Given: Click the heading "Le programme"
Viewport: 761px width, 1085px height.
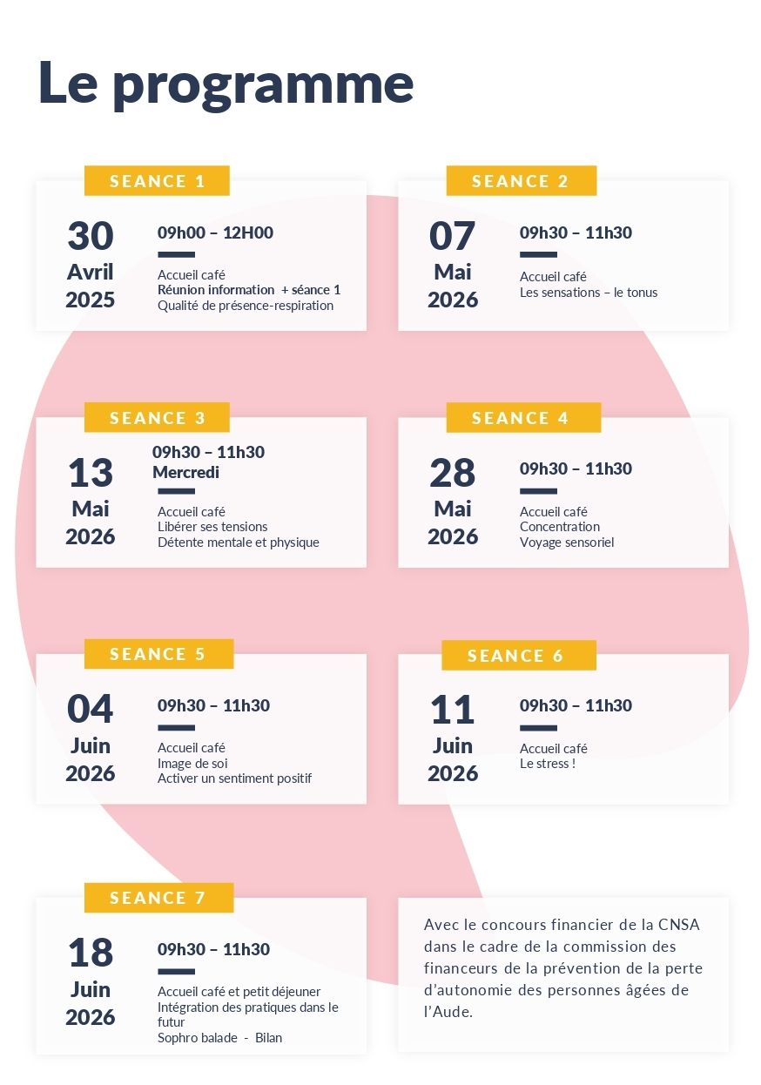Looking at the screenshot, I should point(226,84).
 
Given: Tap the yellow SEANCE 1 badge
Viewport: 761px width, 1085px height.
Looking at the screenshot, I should point(157,181).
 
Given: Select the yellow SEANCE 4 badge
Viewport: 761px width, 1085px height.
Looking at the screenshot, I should point(521,418).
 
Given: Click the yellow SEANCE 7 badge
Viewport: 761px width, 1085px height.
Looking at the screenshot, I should point(158,898).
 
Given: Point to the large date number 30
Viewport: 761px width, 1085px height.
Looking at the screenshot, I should point(91,237).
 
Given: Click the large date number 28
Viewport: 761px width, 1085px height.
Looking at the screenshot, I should point(453,474).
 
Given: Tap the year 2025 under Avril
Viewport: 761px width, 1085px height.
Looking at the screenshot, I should point(91,300).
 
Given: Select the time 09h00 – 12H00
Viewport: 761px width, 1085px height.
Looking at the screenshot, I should point(215,232).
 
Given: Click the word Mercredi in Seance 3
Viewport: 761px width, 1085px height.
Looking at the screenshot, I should point(185,473).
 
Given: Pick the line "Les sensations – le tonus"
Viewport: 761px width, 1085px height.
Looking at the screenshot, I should point(589,293).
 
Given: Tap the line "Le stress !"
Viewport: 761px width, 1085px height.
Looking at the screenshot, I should point(548,764).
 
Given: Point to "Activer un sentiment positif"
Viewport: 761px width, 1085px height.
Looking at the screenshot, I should point(234,778).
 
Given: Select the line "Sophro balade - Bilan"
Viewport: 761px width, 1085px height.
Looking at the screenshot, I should point(219,1038).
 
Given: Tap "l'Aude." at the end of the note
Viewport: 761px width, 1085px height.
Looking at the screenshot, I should point(448,1012).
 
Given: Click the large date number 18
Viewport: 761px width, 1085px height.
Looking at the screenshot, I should point(91,954).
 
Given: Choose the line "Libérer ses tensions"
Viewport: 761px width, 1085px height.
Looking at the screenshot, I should point(212,527).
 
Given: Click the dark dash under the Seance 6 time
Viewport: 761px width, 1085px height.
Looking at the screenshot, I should point(538,728).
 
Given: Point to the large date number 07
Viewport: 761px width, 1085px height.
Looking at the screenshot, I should point(453,237).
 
